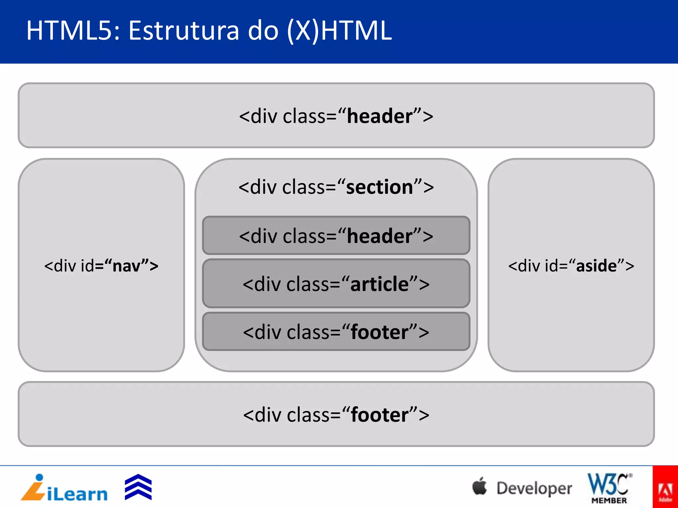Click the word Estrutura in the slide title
(183, 30)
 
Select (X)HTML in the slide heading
(339, 30)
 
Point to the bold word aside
(596, 266)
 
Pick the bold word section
(379, 187)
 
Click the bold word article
(379, 284)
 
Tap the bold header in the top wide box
(380, 116)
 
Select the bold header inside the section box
(380, 236)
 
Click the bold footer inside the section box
(379, 332)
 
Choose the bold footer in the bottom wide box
(379, 415)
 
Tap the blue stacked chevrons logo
(138, 487)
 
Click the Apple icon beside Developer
(479, 487)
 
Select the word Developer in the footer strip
(534, 488)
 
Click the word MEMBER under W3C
(609, 500)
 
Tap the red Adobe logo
(665, 487)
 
